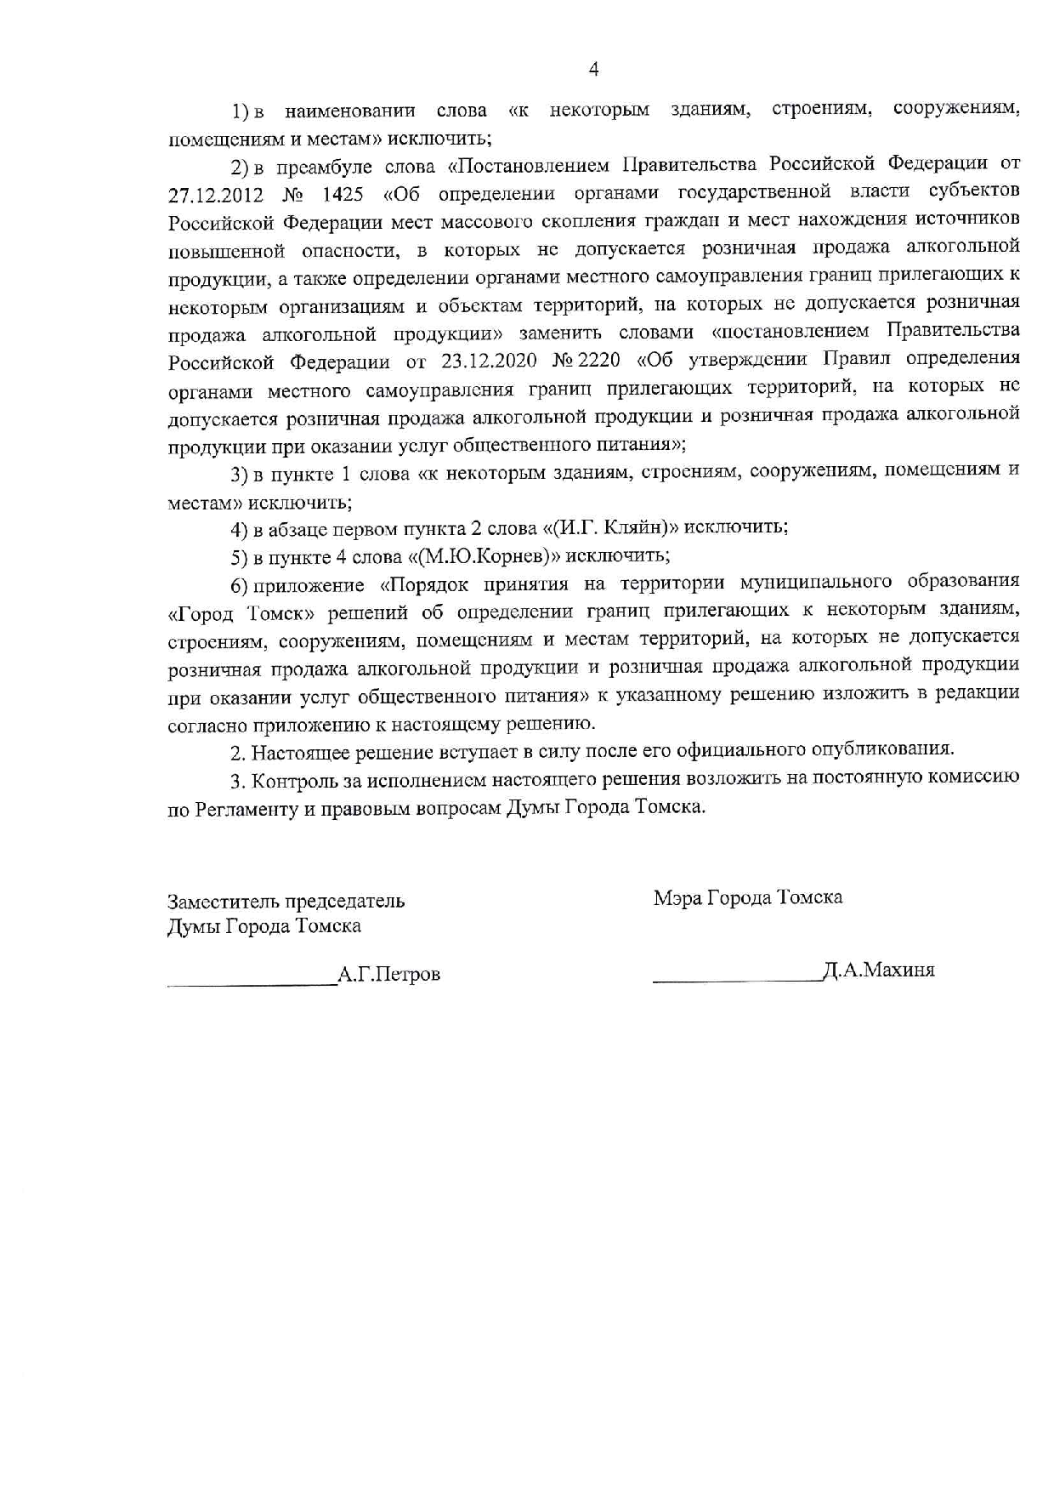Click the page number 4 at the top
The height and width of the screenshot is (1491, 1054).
coord(593,70)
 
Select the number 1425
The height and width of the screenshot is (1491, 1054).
coord(343,195)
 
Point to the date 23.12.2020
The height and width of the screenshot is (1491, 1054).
coord(490,361)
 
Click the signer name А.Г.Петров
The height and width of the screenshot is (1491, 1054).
coord(389,975)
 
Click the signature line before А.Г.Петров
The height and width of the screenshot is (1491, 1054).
coord(252,983)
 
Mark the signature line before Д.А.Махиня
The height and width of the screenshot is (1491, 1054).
coord(737,980)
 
